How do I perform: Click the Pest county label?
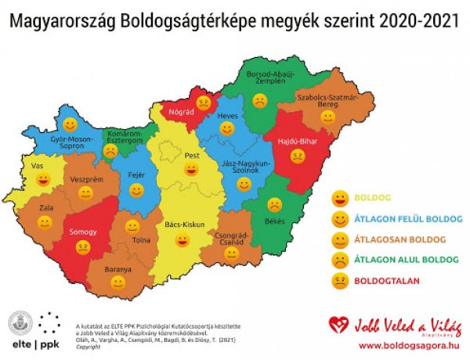point(191,155)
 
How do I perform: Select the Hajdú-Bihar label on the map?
point(296,142)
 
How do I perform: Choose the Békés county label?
point(273,221)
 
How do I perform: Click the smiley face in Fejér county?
point(137,190)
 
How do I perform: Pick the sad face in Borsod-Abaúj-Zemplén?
point(259,101)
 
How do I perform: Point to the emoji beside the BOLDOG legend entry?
point(339,196)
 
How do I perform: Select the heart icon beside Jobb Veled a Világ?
point(338,324)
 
